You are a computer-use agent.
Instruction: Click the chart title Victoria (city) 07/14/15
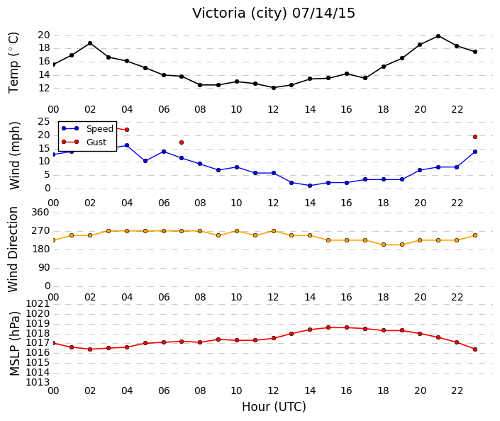274,13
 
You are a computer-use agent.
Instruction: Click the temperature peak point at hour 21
438,36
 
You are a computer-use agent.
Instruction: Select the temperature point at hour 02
90,43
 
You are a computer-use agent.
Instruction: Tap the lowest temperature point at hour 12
274,88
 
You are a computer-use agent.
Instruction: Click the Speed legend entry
87,128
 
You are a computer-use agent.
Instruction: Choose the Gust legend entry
84,142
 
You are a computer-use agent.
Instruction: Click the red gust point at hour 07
182,142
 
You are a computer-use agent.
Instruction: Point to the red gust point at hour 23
475,137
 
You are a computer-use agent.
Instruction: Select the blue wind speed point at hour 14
310,186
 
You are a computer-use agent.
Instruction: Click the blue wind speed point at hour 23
475,152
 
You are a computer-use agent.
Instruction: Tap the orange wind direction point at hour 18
384,245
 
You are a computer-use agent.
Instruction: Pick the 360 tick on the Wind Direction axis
40,212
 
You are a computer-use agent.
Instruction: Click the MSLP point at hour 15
328,327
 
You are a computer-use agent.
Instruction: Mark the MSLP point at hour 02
90,349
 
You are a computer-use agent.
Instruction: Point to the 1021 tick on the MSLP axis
38,304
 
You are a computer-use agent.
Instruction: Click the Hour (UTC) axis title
274,407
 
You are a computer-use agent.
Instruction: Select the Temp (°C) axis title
13,63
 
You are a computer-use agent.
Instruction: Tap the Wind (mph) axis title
14,155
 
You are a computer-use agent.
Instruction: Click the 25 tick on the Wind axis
44,121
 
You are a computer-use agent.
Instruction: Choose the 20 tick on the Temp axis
44,35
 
